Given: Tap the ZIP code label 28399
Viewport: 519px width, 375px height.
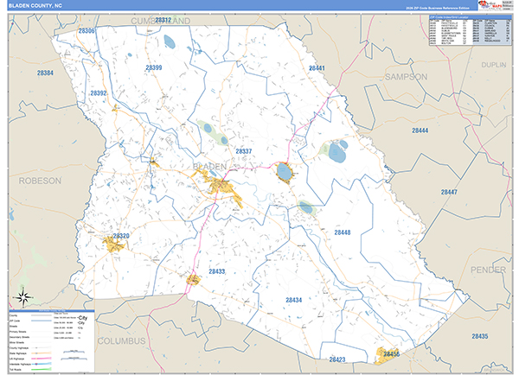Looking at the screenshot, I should click(x=154, y=67).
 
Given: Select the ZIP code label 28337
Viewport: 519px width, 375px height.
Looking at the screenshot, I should click(x=243, y=151).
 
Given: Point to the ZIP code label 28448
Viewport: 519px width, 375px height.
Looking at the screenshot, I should click(x=343, y=232).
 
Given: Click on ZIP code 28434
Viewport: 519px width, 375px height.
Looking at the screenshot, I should click(x=293, y=300).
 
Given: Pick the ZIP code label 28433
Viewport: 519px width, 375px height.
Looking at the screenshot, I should click(x=216, y=271).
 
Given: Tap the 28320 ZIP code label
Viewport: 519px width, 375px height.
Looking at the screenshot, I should click(x=120, y=236).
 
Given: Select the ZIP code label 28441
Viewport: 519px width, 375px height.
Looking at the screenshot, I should click(x=316, y=67).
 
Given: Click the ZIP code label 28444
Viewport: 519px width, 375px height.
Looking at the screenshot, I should click(x=420, y=130).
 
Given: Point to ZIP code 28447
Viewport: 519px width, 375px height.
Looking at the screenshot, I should click(x=448, y=192).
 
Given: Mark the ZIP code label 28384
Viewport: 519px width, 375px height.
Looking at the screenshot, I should click(x=46, y=73).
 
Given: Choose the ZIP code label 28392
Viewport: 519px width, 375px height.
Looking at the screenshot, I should click(x=98, y=92).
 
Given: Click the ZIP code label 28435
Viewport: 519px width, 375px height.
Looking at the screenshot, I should click(x=479, y=336).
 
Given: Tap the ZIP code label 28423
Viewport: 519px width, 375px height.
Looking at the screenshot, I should click(x=336, y=359).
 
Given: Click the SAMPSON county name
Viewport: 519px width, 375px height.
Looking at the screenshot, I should click(x=406, y=77).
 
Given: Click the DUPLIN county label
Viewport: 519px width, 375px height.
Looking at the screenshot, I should click(x=494, y=64).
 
